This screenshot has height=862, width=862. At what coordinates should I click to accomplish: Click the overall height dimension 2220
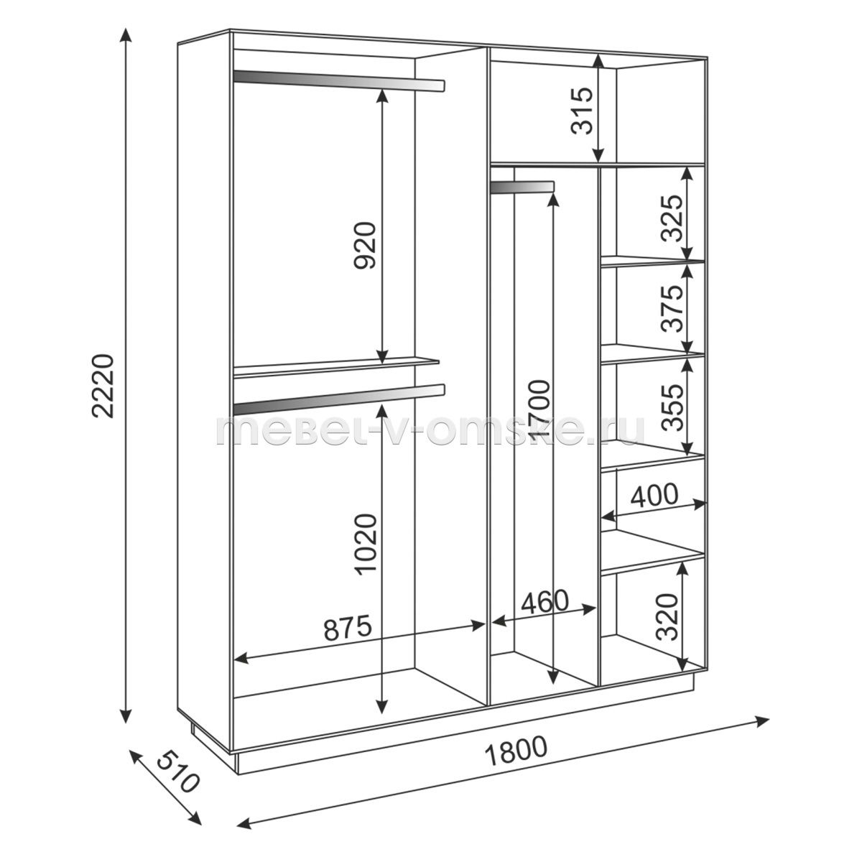pos(103,386)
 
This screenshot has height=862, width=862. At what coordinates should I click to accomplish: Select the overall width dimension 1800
pos(515,752)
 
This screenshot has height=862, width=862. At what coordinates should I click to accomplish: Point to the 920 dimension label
pos(366,245)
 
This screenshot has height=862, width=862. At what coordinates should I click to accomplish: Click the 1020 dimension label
pos(366,544)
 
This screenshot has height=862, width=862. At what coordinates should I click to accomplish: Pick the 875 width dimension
pos(348,627)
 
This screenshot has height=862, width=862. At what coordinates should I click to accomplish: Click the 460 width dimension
pos(544,602)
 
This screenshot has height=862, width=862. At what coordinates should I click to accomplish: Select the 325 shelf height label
pos(673,218)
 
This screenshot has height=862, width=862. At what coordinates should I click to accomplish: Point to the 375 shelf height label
pos(673,309)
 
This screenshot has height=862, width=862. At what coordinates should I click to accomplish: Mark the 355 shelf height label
pos(673,407)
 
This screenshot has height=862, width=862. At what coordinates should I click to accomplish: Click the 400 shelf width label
pos(654,495)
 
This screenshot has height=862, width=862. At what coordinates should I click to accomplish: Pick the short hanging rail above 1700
pos(522,187)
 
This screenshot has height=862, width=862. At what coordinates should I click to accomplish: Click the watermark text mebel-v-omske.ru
pos(430,431)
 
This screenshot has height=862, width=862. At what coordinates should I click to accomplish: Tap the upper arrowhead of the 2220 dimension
pos(126,37)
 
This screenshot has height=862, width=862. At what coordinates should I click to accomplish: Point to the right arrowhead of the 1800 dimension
pos(761,720)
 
